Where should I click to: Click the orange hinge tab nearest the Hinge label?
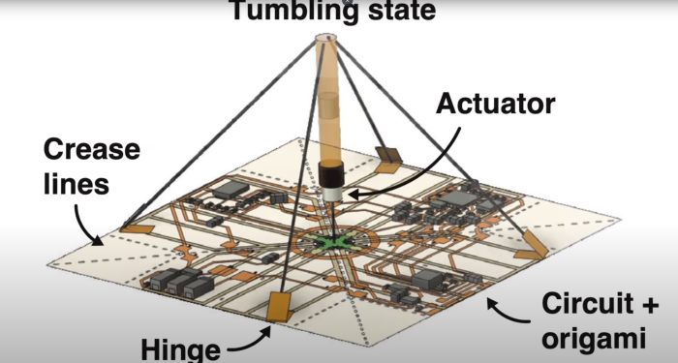[281, 308]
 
